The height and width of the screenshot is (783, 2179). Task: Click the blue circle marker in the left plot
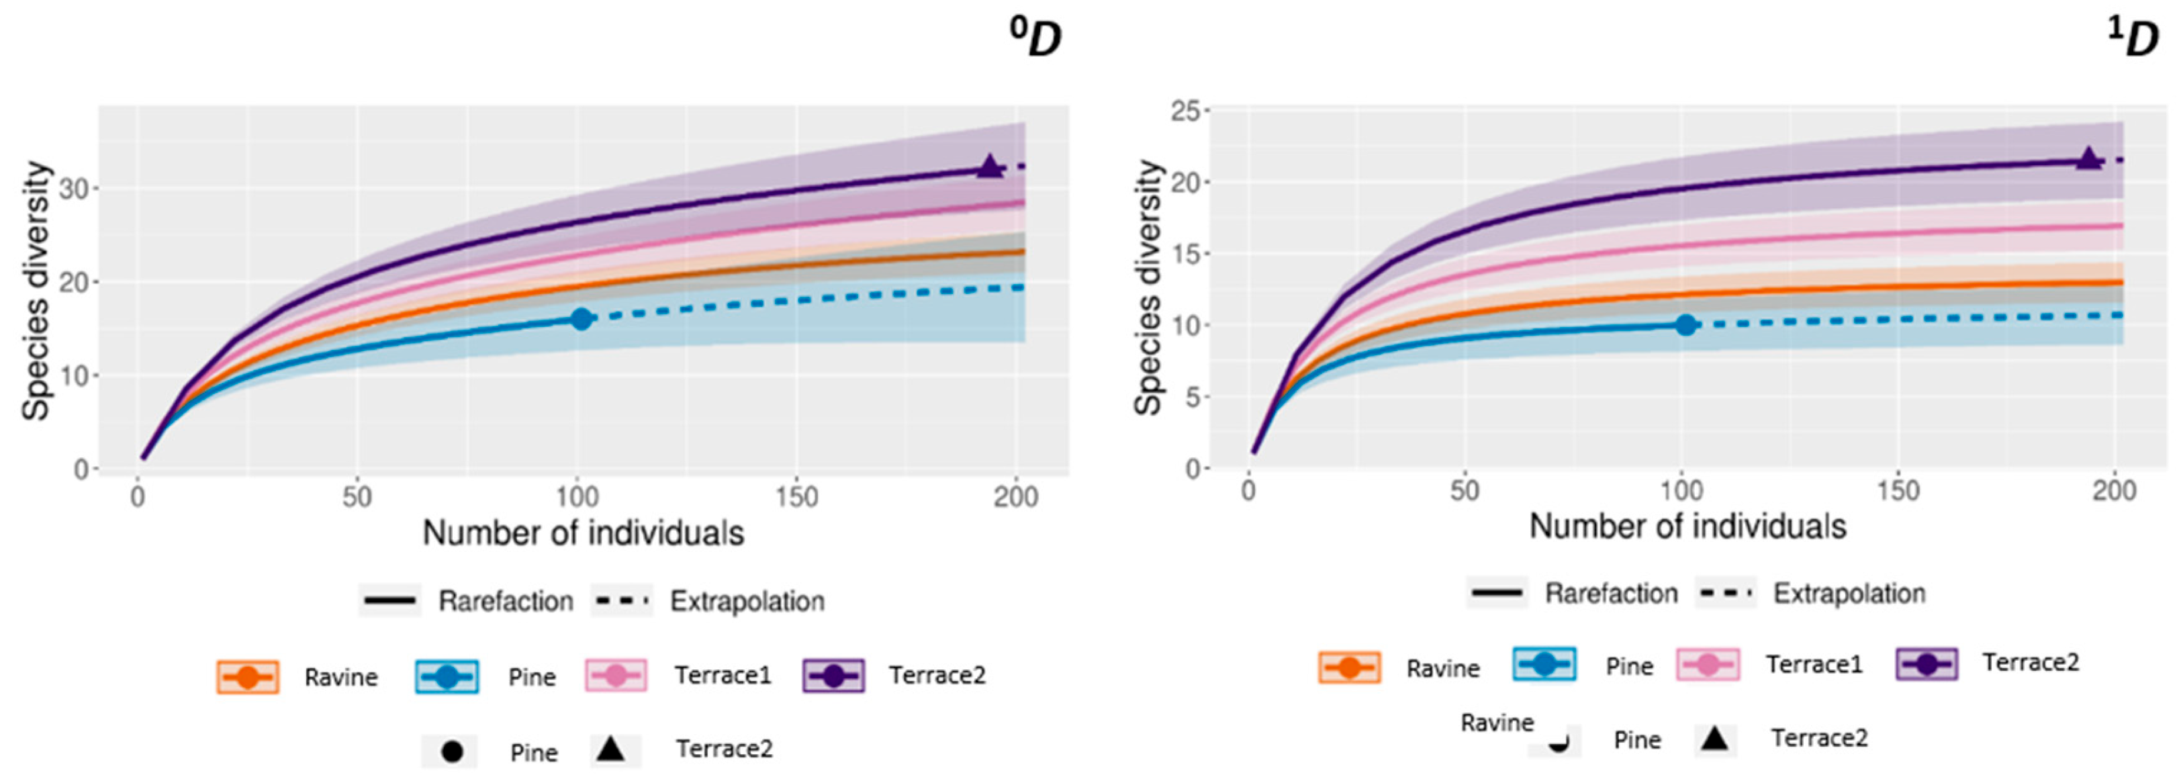point(581,319)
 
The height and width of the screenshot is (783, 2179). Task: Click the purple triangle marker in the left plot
point(990,167)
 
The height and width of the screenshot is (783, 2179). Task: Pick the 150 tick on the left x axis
point(796,496)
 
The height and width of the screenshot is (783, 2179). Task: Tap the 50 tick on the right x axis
point(1465,490)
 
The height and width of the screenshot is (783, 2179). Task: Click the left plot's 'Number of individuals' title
point(583,534)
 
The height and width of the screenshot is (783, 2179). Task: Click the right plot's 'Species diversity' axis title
point(1148,287)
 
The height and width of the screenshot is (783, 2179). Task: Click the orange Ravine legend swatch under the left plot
point(247,676)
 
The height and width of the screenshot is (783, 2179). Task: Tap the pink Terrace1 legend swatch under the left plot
point(616,676)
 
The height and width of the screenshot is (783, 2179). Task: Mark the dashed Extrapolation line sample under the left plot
point(622,601)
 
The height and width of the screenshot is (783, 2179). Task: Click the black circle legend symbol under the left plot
point(452,751)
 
